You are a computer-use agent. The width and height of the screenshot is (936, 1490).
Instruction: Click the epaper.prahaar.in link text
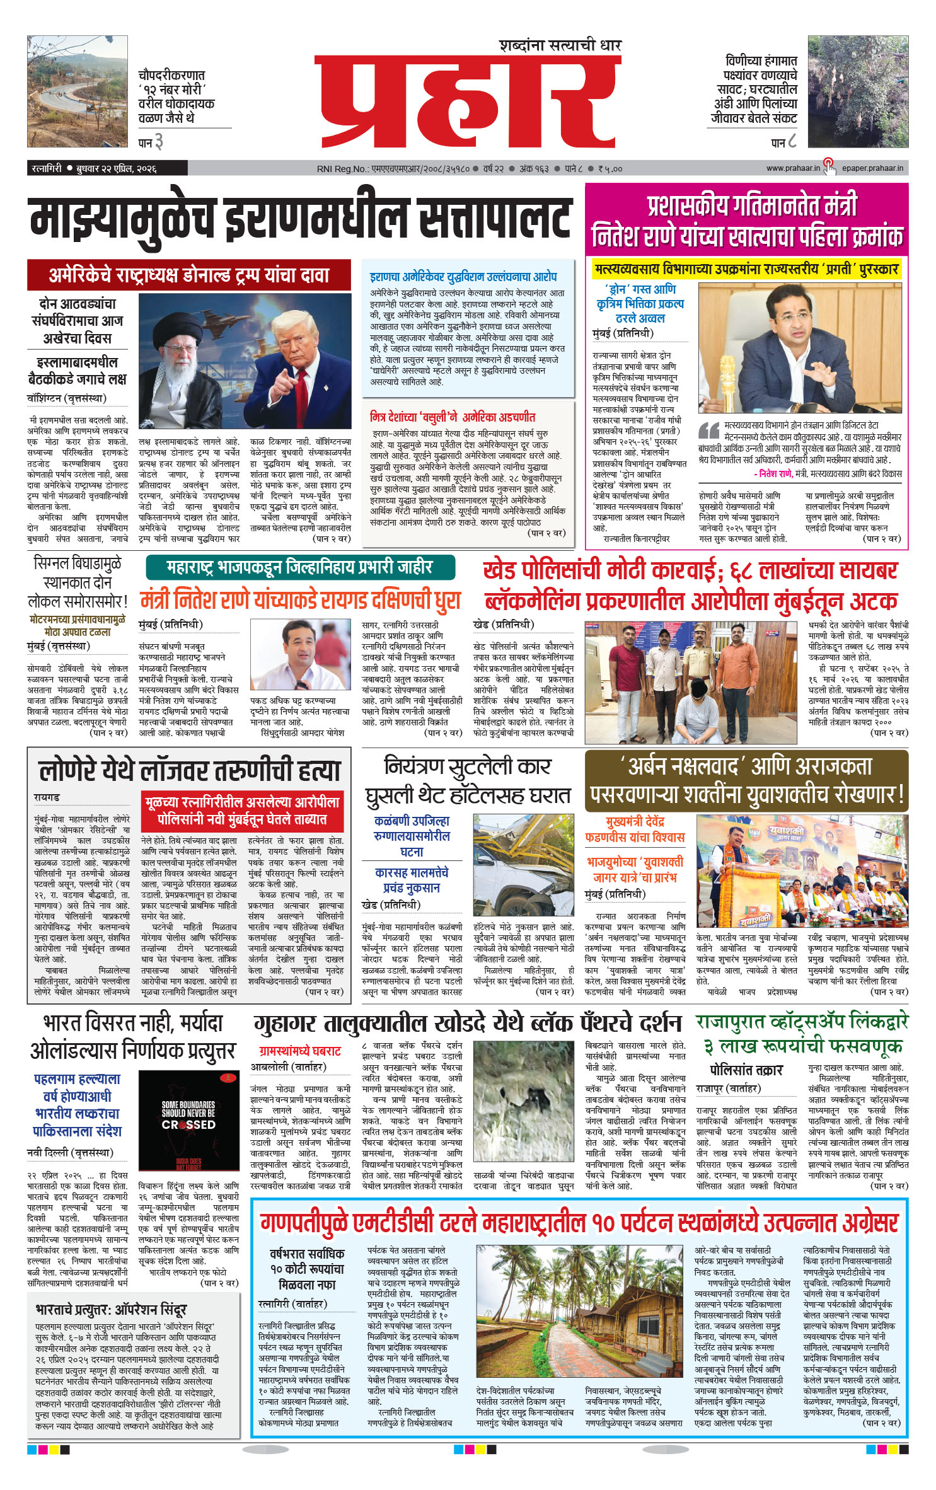tap(872, 168)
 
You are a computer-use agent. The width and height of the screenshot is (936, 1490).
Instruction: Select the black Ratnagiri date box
tap(108, 168)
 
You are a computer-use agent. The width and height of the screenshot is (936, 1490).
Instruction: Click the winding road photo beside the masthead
tap(78, 91)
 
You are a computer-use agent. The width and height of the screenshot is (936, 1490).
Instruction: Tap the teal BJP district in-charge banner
tap(300, 567)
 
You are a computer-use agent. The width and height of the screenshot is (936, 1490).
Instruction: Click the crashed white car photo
tap(523, 868)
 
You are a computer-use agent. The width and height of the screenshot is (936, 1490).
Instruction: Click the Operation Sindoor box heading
tap(111, 1310)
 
